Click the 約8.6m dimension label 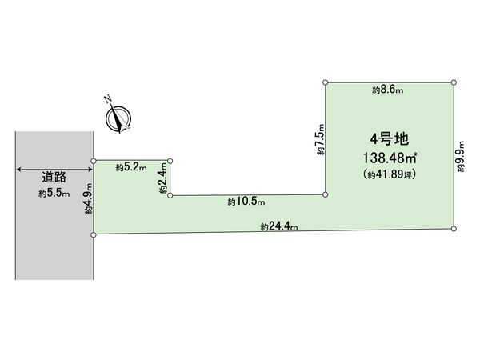(387, 90)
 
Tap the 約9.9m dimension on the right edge (461, 157)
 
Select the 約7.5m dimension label (320, 139)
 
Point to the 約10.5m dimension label (246, 202)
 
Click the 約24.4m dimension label (279, 227)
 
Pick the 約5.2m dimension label (131, 167)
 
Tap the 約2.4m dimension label (163, 178)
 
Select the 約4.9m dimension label (89, 198)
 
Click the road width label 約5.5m (54, 194)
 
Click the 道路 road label (54, 178)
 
